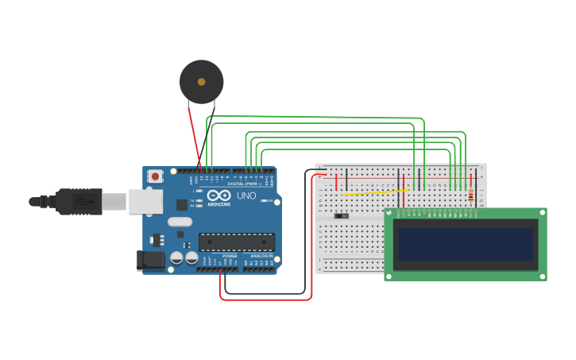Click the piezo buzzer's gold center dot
pyautogui.click(x=201, y=82)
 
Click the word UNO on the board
pyautogui.click(x=246, y=195)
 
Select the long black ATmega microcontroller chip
pyautogui.click(x=236, y=242)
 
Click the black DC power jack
pyautogui.click(x=149, y=260)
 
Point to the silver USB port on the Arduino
pyautogui.click(x=145, y=202)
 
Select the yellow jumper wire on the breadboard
pyautogui.click(x=373, y=192)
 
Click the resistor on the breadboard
pyautogui.click(x=471, y=195)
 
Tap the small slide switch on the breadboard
pyautogui.click(x=342, y=215)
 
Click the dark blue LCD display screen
pyautogui.click(x=466, y=244)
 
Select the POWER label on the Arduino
pyautogui.click(x=229, y=256)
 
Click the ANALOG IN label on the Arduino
pyautogui.click(x=261, y=256)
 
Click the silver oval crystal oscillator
pyautogui.click(x=180, y=223)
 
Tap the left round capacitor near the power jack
pyautogui.click(x=176, y=258)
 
